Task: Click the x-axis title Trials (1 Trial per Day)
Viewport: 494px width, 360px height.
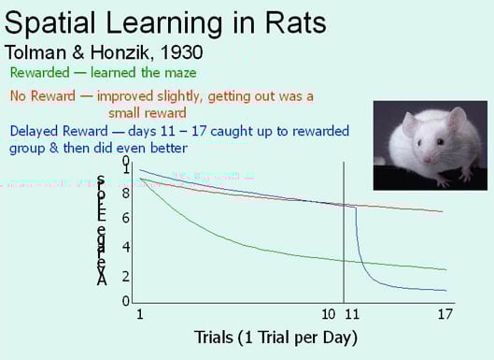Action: click(275, 336)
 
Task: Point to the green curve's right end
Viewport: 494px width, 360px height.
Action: click(442, 269)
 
